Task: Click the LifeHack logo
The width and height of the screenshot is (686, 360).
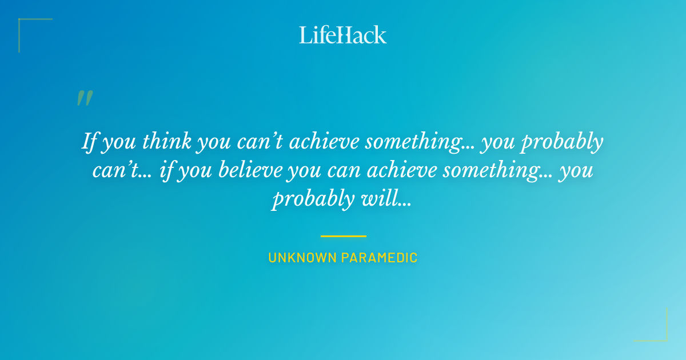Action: tap(343, 35)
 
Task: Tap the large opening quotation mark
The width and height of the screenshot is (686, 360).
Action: tap(85, 98)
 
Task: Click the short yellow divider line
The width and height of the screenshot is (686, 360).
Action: tap(343, 235)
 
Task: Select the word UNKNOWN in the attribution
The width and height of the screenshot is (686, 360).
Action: tap(302, 258)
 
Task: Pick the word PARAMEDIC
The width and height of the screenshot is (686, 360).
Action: tap(380, 258)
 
